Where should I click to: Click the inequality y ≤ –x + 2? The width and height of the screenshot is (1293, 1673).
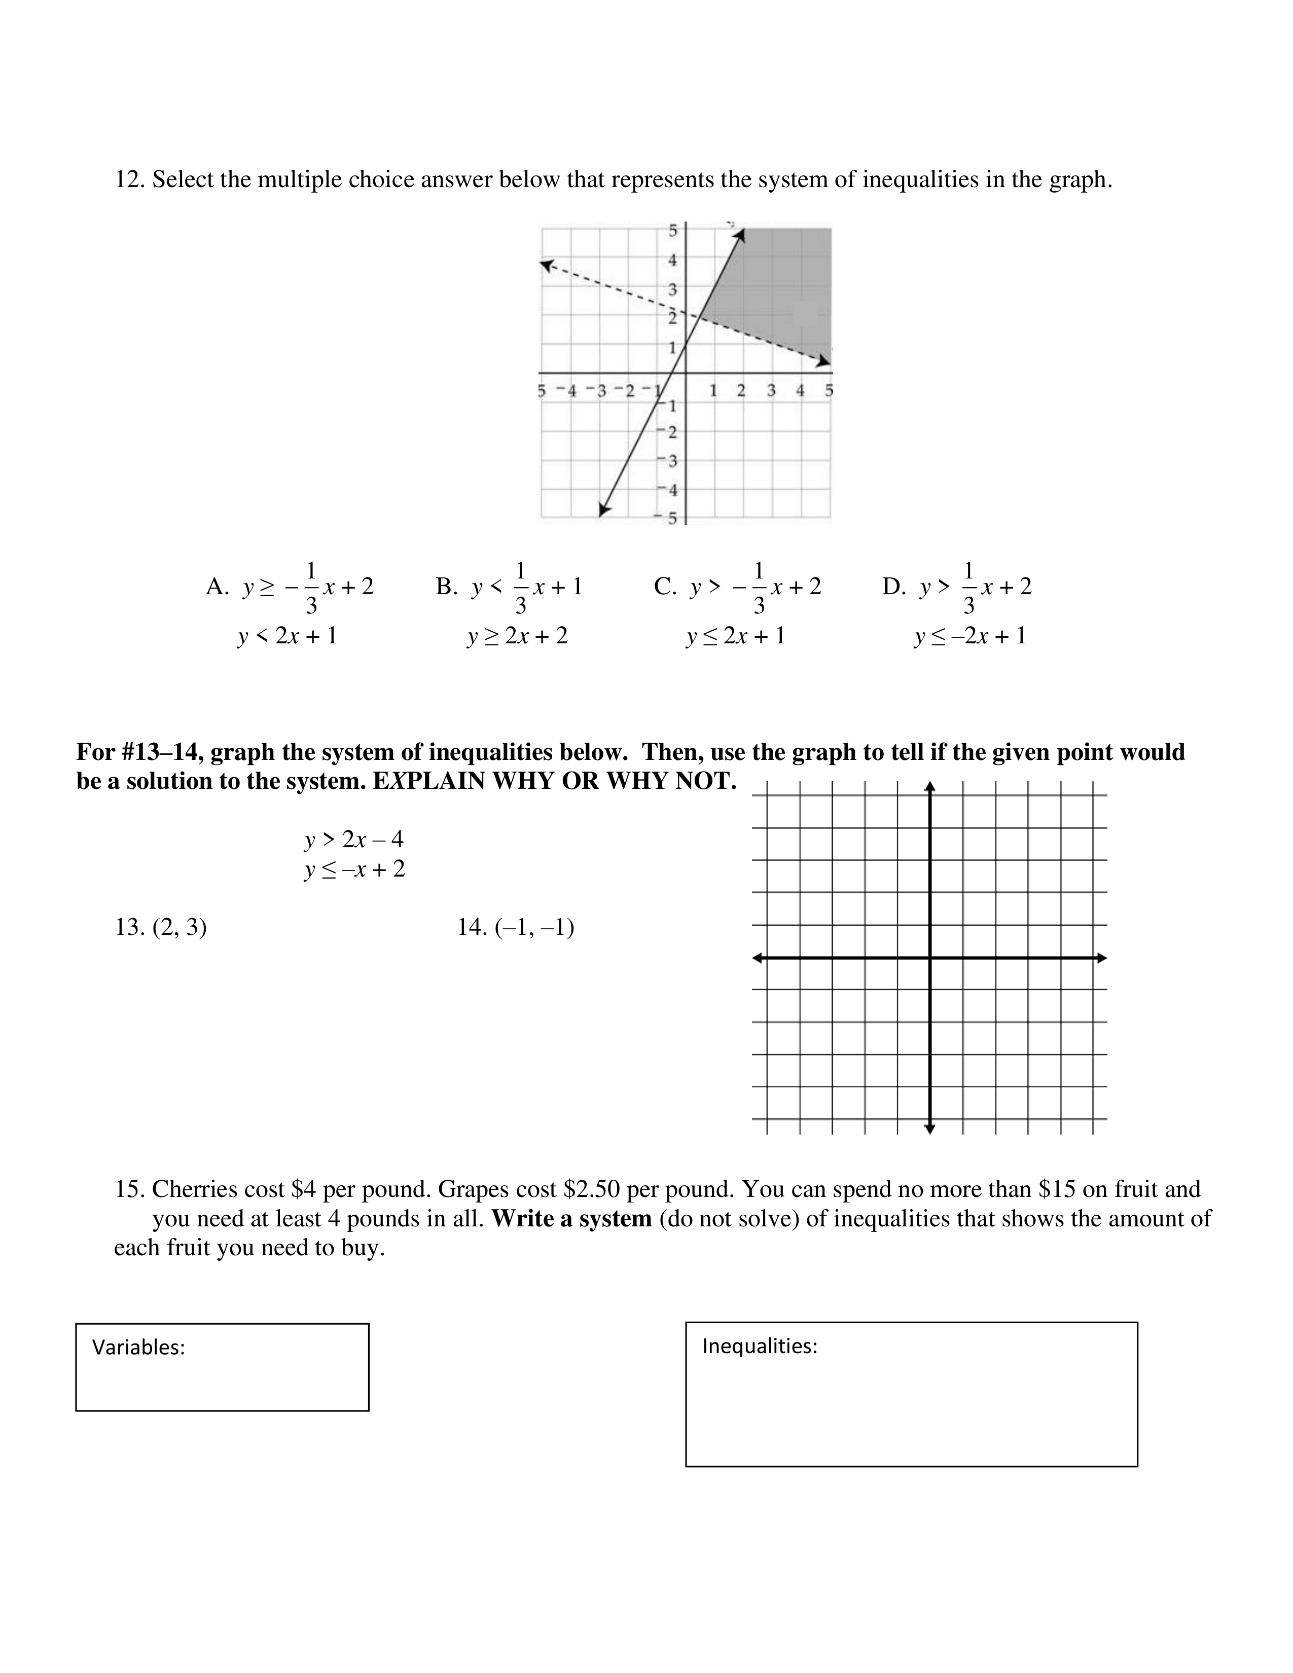click(x=354, y=869)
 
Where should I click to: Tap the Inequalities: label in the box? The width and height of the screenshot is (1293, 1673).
click(x=759, y=1346)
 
